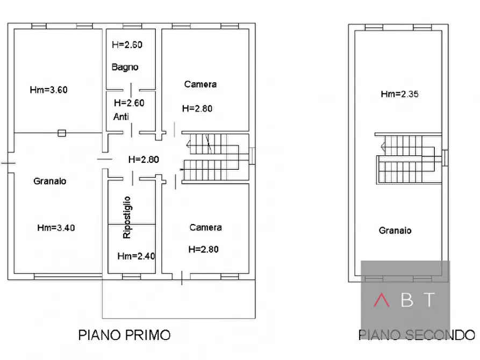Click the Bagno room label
[125, 67]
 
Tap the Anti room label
[121, 117]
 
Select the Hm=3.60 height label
[48, 90]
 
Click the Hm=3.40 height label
[56, 227]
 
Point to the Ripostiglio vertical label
[127, 218]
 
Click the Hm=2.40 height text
[136, 256]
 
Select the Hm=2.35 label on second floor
[399, 94]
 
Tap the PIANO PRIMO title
[124, 335]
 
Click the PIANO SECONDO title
[417, 335]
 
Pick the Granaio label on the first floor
[49, 182]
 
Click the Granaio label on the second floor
[395, 231]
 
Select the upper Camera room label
[200, 84]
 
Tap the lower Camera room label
[205, 228]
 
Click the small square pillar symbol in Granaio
[62, 133]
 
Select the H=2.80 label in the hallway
[144, 160]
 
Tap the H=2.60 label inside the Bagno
[127, 45]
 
